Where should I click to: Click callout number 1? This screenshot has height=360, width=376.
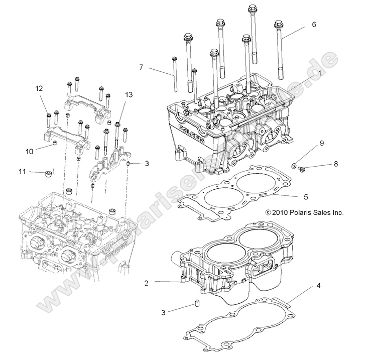pyautogui.click(x=319, y=73)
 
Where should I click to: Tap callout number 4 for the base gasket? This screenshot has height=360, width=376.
pyautogui.click(x=318, y=286)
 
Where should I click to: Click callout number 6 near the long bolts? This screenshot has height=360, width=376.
pyautogui.click(x=314, y=24)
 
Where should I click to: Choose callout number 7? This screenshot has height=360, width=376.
pyautogui.click(x=141, y=66)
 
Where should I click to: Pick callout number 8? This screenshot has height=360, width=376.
pyautogui.click(x=336, y=164)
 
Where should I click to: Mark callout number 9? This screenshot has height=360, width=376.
pyautogui.click(x=322, y=144)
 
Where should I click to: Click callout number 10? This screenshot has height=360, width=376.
pyautogui.click(x=29, y=150)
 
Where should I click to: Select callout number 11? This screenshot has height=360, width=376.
pyautogui.click(x=22, y=172)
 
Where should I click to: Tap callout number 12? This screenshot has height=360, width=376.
pyautogui.click(x=39, y=88)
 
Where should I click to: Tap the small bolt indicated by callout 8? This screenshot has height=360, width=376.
pyautogui.click(x=301, y=168)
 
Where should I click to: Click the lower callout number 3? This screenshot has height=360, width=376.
pyautogui.click(x=163, y=312)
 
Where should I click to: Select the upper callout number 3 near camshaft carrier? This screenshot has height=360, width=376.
pyautogui.click(x=147, y=163)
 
